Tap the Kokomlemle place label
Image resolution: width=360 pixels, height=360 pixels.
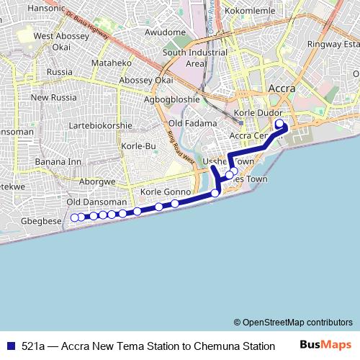pos(250,12)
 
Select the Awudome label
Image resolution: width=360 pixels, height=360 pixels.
pos(165,32)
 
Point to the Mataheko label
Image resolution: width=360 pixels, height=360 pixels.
pos(111,63)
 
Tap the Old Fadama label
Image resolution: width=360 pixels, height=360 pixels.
pos(192,124)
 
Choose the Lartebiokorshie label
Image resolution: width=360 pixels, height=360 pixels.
pos(100,125)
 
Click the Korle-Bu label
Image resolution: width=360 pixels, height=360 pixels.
pos(139,146)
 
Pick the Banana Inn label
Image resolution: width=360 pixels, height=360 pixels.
pos(58,161)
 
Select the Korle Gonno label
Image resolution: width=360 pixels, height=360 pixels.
pos(165,192)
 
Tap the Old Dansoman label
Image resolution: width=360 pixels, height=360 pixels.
pos(96,202)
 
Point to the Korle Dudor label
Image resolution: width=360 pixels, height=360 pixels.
pos(256,114)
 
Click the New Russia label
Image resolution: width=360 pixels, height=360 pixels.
pos(53,97)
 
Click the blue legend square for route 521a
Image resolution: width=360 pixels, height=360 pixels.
pos(9,346)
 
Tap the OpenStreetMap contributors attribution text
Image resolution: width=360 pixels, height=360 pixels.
pos(292,322)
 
